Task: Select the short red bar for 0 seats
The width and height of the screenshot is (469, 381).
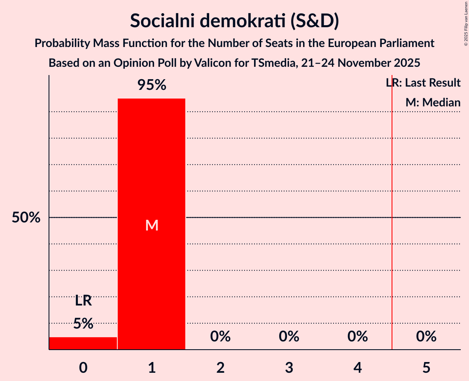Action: [83, 343]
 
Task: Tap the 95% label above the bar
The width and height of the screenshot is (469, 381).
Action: [152, 85]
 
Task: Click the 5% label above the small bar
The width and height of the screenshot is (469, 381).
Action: [83, 324]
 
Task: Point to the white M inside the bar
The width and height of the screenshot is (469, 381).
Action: [152, 225]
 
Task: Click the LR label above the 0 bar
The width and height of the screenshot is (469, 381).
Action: [83, 301]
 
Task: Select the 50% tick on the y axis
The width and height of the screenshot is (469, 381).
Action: [26, 218]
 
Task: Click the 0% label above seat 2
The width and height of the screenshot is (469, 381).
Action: [220, 337]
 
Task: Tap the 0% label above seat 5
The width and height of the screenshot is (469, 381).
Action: [426, 337]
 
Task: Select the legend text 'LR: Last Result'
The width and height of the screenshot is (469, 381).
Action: [423, 83]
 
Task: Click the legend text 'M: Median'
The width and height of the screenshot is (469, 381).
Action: [433, 102]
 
